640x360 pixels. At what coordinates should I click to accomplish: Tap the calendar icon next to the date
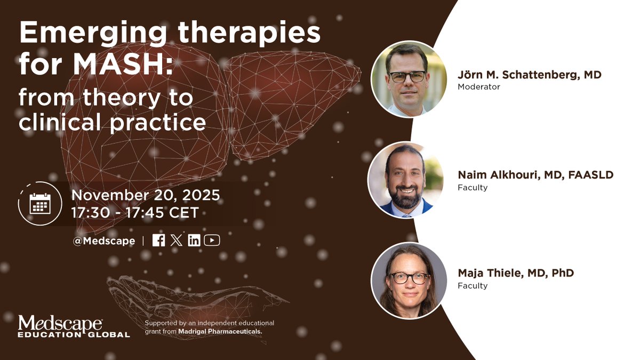click(x=40, y=204)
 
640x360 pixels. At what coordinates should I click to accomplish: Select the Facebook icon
click(x=158, y=241)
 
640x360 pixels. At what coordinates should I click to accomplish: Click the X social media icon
click(x=177, y=241)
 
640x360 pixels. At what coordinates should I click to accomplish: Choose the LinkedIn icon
click(x=194, y=241)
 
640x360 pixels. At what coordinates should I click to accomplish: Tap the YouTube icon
click(x=212, y=241)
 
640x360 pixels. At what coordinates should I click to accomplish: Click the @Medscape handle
click(x=104, y=241)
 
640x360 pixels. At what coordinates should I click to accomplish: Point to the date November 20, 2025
click(x=145, y=195)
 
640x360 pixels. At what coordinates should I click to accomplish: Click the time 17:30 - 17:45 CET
click(x=135, y=213)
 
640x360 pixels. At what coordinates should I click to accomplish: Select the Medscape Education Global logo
click(x=74, y=326)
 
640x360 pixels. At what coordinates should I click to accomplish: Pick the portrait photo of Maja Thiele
click(x=409, y=281)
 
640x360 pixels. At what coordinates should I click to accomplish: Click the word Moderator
click(x=478, y=87)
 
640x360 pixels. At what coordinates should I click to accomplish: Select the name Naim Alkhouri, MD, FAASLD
click(x=535, y=175)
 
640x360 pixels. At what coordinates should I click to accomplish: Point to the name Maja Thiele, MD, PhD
click(x=515, y=274)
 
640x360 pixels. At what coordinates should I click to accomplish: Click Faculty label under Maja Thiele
click(x=472, y=286)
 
